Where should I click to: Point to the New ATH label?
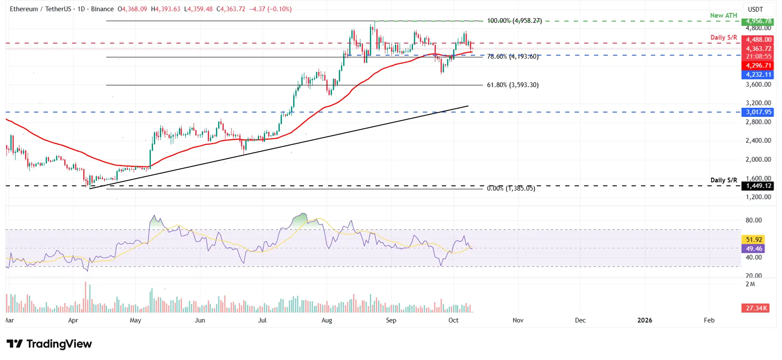(723, 16)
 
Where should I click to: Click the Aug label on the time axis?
(327, 320)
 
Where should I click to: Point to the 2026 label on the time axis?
(644, 320)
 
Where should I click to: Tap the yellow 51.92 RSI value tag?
(754, 240)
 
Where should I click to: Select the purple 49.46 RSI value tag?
(754, 249)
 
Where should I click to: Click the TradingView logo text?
(59, 344)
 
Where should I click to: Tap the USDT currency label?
(755, 9)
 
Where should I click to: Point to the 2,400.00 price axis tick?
(758, 141)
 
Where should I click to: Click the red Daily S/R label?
(723, 38)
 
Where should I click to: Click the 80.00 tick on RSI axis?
(754, 220)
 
